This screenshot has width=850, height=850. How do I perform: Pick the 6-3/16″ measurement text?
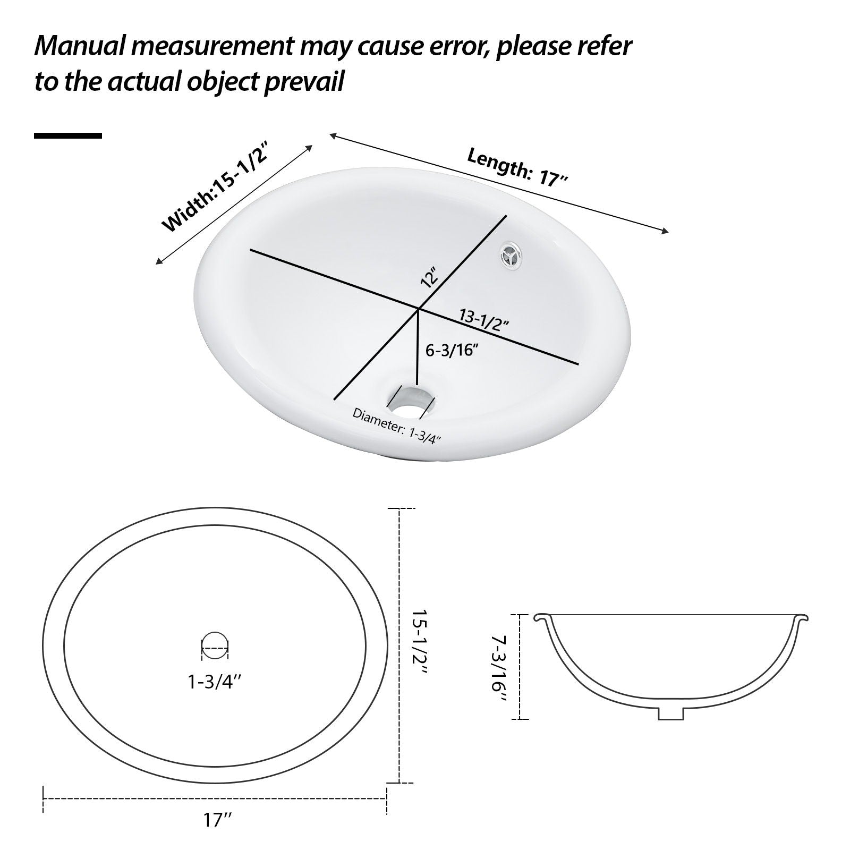click(x=453, y=350)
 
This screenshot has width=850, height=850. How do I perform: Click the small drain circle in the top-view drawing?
click(x=215, y=647)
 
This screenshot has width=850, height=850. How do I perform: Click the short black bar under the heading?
click(x=68, y=136)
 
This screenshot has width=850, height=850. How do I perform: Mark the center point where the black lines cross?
click(x=419, y=308)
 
